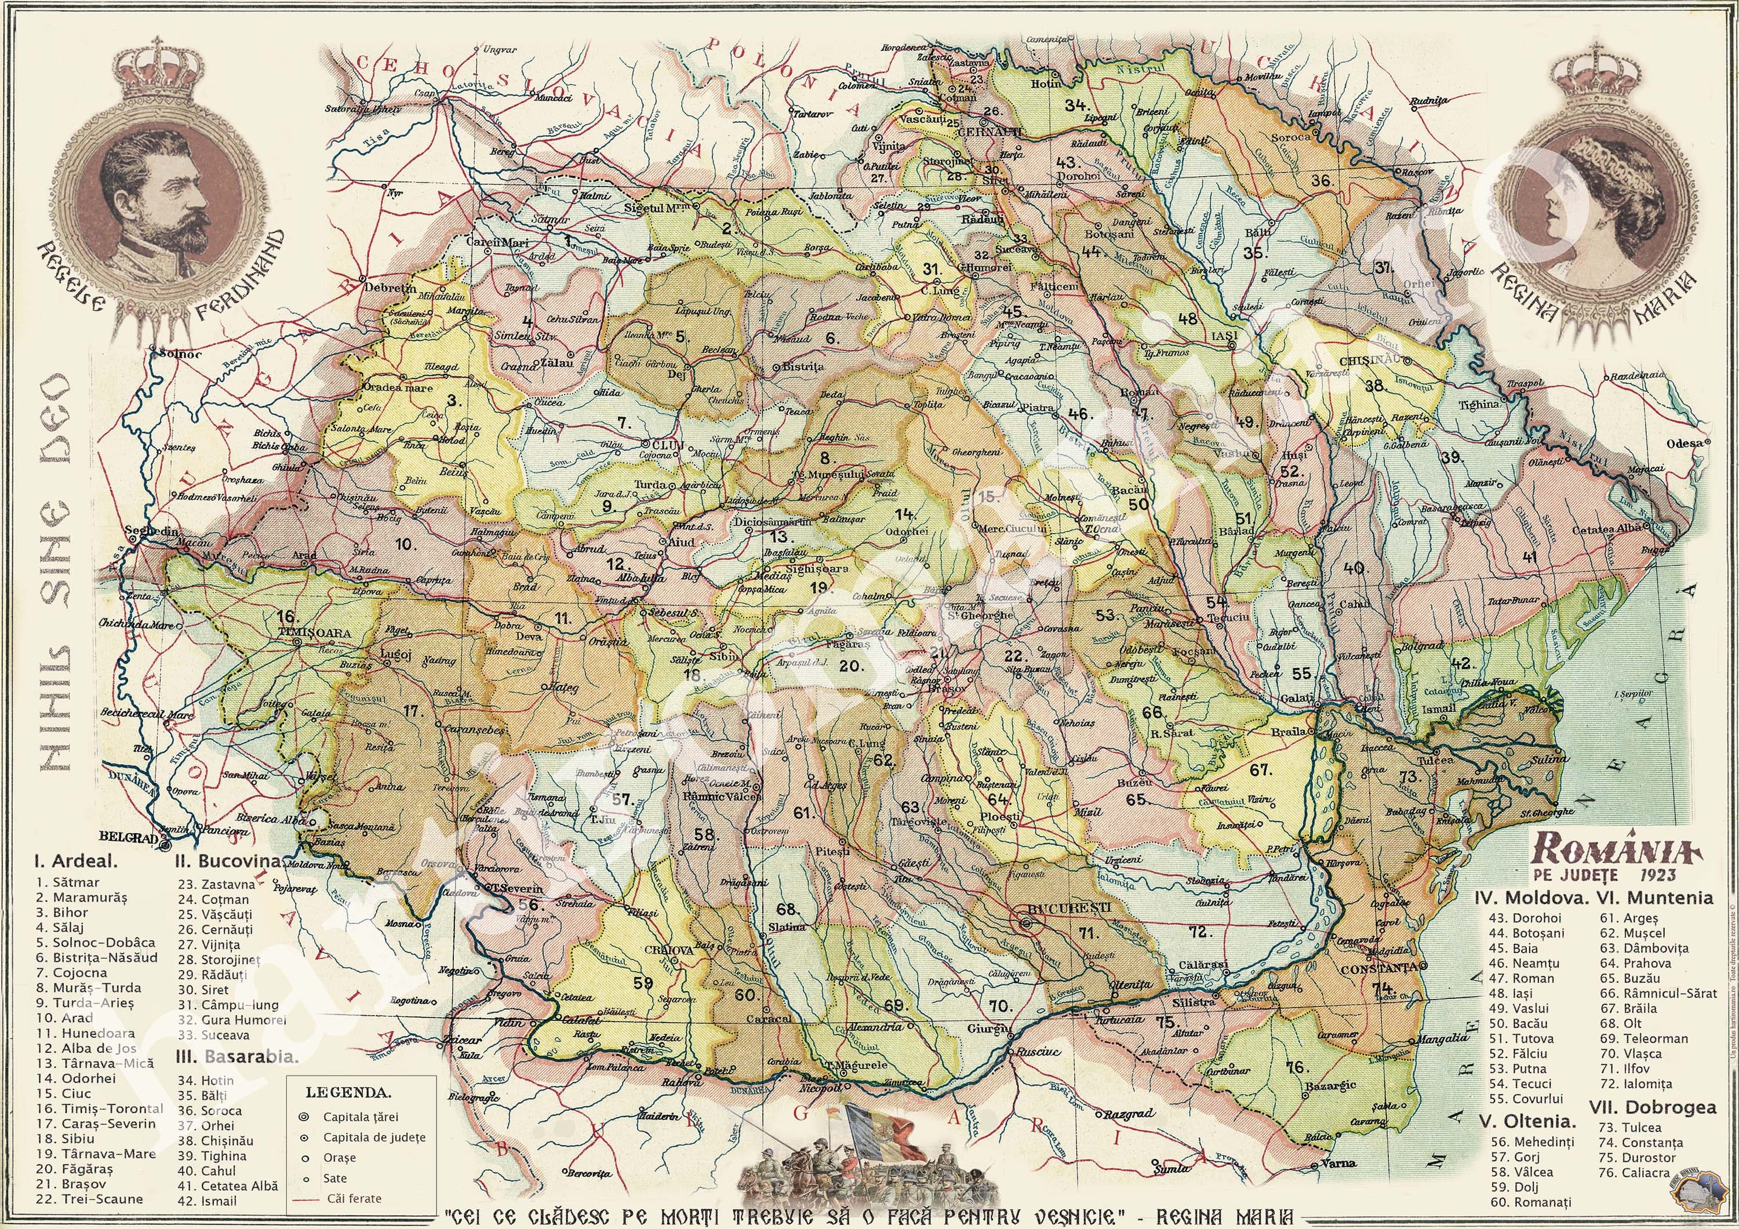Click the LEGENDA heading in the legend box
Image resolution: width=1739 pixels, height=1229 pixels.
pos(349,1093)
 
